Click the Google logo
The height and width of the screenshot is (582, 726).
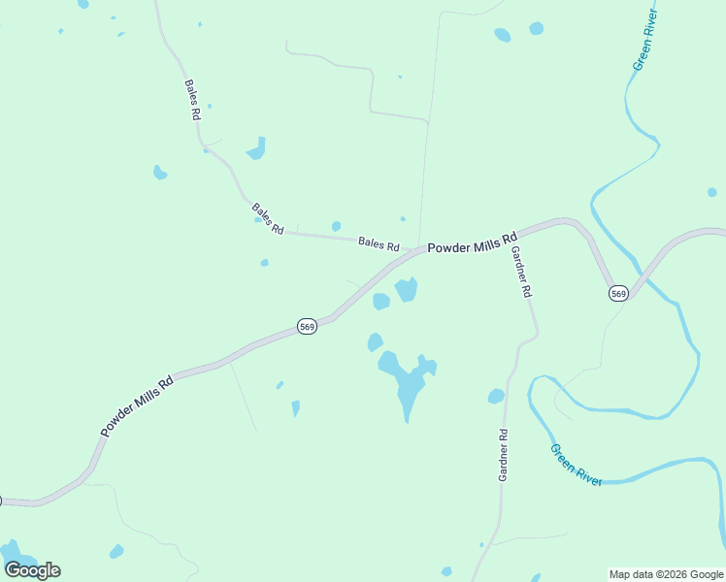pyautogui.click(x=32, y=570)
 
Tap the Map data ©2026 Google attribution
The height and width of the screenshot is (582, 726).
pyautogui.click(x=667, y=574)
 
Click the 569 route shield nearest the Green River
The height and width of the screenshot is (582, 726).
pyautogui.click(x=618, y=293)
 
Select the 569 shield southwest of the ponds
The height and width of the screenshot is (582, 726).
pyautogui.click(x=307, y=327)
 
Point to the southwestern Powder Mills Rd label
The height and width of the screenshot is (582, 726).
pyautogui.click(x=137, y=406)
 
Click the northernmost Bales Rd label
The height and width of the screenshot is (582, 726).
pyautogui.click(x=192, y=99)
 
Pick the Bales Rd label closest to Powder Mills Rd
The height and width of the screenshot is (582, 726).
pyautogui.click(x=379, y=243)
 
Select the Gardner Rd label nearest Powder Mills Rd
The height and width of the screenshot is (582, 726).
pyautogui.click(x=521, y=272)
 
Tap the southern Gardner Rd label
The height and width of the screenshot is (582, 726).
pyautogui.click(x=503, y=455)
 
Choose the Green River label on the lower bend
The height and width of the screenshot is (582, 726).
pyautogui.click(x=577, y=465)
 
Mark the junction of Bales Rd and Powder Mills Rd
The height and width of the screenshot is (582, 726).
pyautogui.click(x=418, y=250)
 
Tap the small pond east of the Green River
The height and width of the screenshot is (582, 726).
pyautogui.click(x=712, y=192)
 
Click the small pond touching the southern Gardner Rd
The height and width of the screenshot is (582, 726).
pyautogui.click(x=496, y=396)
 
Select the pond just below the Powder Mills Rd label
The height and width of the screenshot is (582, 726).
pyautogui.click(x=407, y=288)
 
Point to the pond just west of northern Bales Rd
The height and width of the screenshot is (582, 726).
pyautogui.click(x=160, y=173)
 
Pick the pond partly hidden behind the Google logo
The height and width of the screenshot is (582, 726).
pyautogui.click(x=14, y=555)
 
